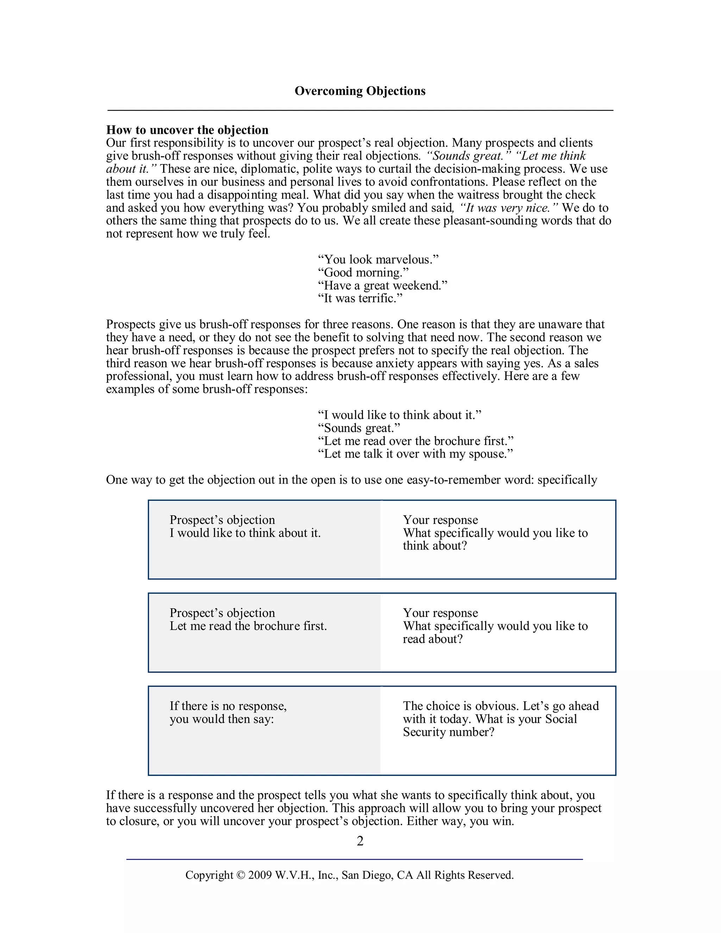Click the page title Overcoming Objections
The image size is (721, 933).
(x=360, y=91)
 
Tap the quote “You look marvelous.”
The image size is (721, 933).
(x=378, y=259)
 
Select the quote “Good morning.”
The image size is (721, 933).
(x=363, y=272)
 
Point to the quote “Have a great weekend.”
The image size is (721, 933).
(x=382, y=286)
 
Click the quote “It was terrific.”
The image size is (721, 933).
(x=360, y=298)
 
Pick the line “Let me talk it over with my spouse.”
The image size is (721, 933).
(x=415, y=454)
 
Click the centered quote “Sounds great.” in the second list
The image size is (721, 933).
(x=359, y=428)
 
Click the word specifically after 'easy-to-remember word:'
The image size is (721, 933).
(x=567, y=480)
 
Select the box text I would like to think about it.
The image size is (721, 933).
(x=245, y=533)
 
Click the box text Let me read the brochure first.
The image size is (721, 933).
(x=248, y=626)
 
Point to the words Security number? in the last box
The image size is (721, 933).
(x=449, y=732)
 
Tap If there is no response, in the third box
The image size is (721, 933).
(x=228, y=706)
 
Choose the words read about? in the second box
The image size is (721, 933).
(x=432, y=639)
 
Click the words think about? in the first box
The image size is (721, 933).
(x=434, y=546)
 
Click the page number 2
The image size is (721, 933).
(x=360, y=841)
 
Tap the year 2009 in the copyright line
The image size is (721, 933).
(x=260, y=875)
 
